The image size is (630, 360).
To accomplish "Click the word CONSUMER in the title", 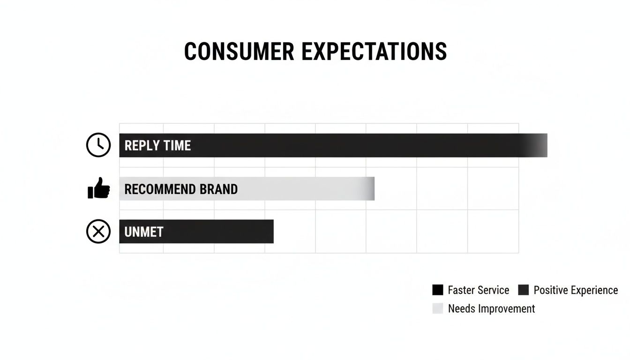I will (239, 52).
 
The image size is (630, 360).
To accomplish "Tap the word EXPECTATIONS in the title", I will (374, 52).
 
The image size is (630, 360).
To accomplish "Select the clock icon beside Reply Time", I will (98, 145).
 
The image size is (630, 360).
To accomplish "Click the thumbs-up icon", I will (98, 188).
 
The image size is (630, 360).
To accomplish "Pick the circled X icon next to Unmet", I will (98, 232).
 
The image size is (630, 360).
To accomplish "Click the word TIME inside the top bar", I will (177, 145).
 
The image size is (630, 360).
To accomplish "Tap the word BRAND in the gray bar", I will (219, 189).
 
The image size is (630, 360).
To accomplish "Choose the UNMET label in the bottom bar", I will (143, 232).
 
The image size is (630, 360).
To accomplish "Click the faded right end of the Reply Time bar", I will (539, 145).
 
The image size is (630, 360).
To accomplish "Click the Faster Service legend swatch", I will (437, 290).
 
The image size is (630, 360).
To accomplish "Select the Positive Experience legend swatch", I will (523, 290).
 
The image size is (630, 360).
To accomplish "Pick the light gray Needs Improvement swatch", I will (437, 308).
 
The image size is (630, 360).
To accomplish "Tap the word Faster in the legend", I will (462, 290).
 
